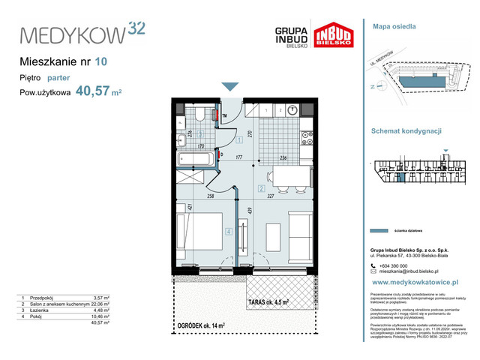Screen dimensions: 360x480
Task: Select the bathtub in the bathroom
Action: (195, 158)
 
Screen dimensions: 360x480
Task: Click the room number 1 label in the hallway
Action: (238, 139)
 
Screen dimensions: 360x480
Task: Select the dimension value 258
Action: (211, 195)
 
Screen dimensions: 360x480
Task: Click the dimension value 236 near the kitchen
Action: (282, 158)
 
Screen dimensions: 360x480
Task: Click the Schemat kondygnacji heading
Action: (406, 130)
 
